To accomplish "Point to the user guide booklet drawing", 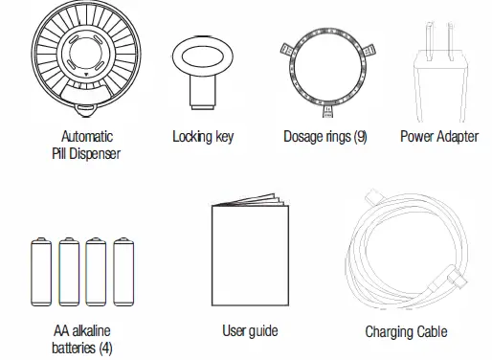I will (x=249, y=254).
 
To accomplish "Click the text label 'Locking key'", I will (x=203, y=137).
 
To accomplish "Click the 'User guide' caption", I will (x=250, y=331).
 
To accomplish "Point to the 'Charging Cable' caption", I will (x=406, y=333).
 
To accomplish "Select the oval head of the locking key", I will (x=202, y=55).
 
